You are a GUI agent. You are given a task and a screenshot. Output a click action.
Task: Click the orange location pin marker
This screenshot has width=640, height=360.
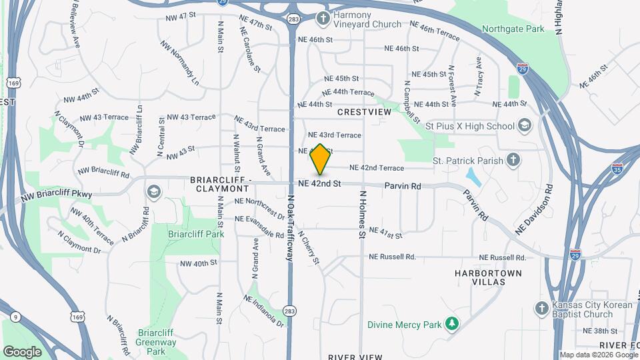pyautogui.click(x=320, y=159)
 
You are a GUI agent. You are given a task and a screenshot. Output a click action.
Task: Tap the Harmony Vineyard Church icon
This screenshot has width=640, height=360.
pyautogui.click(x=323, y=18)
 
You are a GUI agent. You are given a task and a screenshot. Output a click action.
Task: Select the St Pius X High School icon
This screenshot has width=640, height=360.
pyautogui.click(x=525, y=125)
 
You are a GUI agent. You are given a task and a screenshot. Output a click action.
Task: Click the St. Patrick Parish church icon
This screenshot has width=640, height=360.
pyautogui.click(x=513, y=160)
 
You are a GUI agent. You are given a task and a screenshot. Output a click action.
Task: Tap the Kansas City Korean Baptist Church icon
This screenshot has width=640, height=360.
pyautogui.click(x=542, y=308)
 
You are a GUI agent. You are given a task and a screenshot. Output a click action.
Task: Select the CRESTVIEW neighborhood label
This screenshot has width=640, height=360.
pyautogui.click(x=364, y=113)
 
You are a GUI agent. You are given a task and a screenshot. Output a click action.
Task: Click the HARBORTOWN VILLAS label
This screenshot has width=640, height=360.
pyautogui.click(x=489, y=277)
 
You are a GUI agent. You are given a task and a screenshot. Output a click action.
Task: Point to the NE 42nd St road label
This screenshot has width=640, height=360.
pyautogui.click(x=320, y=183)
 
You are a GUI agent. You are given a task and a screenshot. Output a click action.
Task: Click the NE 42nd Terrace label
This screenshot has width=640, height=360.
pyautogui.click(x=377, y=168)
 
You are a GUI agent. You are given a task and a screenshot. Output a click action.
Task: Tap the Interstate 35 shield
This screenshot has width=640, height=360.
pyautogui.click(x=617, y=169)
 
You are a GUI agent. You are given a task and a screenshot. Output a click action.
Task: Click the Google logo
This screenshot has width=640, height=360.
pyautogui.click(x=22, y=351)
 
